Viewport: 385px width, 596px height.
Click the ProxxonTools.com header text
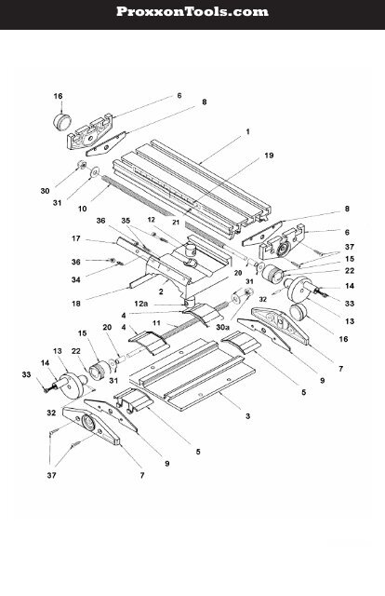(x=192, y=12)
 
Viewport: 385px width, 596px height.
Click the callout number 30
(x=45, y=191)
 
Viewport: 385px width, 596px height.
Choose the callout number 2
(x=162, y=291)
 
